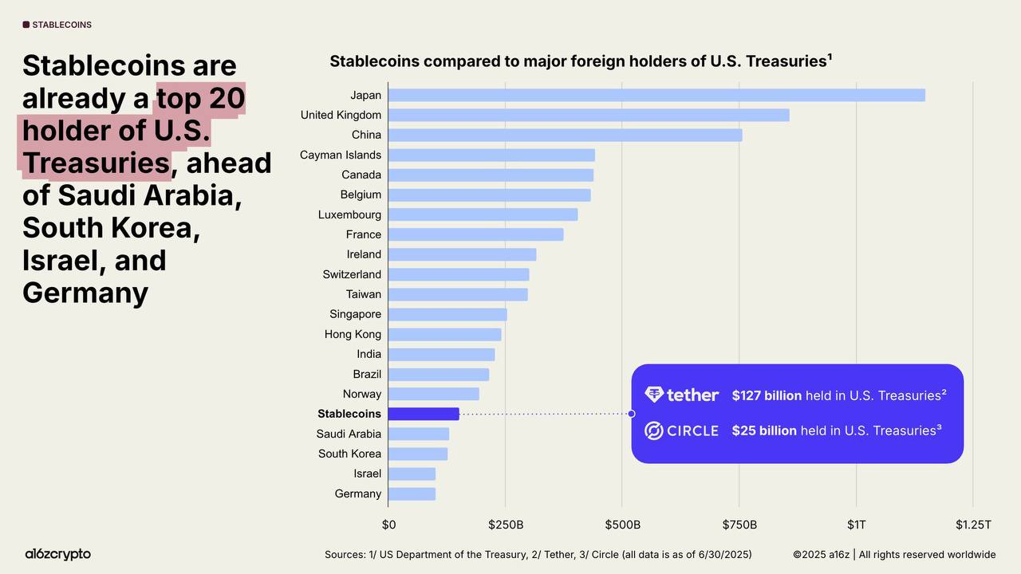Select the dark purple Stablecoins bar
[x=424, y=414]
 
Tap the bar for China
[x=565, y=135]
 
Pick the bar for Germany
[x=412, y=493]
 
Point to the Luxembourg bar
[x=483, y=214]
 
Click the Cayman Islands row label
[x=341, y=155]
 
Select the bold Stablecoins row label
[x=349, y=414]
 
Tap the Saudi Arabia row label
[x=349, y=434]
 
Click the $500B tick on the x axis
[x=622, y=525]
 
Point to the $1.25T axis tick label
[x=973, y=525]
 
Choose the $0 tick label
[x=388, y=525]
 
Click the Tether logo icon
[x=654, y=395]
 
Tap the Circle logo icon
[x=654, y=431]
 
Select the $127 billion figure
[x=767, y=395]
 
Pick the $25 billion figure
[x=764, y=431]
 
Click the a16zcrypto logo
[x=58, y=554]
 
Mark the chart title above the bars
[x=581, y=61]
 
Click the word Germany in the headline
[x=85, y=293]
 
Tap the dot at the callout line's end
[x=631, y=414]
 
